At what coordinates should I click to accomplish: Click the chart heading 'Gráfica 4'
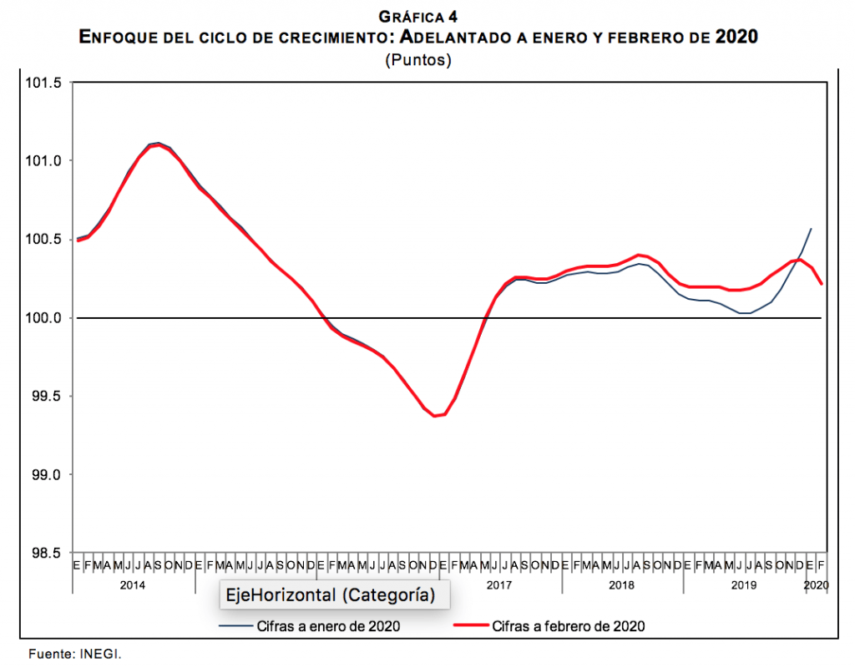[417, 16]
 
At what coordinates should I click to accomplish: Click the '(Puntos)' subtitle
[417, 60]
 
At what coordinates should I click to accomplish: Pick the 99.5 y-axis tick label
[48, 397]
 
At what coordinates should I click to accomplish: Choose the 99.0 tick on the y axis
[48, 474]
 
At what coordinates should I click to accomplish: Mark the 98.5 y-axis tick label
[48, 553]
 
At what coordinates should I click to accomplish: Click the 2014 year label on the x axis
[134, 585]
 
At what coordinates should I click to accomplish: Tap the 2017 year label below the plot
[499, 585]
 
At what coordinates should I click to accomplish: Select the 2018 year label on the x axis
[621, 585]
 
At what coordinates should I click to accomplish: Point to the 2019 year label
[744, 585]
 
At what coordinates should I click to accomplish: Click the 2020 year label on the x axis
[816, 585]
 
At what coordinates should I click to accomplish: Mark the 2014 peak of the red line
[158, 145]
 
